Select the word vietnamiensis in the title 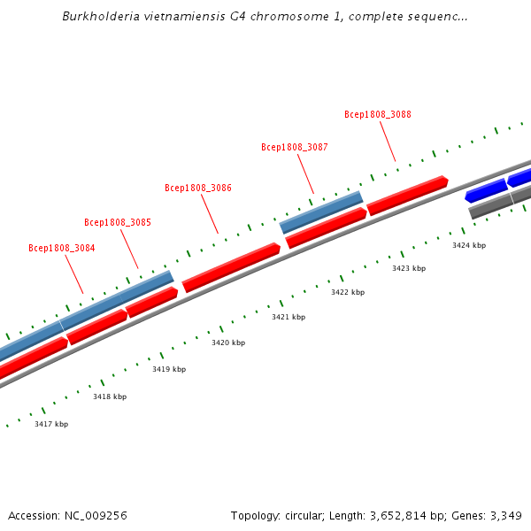tap(174, 17)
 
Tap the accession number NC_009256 tap(96, 515)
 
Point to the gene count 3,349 tap(505, 515)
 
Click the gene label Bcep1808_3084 tap(61, 249)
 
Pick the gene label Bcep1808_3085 tap(117, 223)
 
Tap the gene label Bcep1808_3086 tap(198, 188)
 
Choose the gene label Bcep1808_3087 tap(295, 148)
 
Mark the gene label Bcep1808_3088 tap(378, 115)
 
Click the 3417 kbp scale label tap(51, 425)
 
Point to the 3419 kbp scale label tap(169, 370)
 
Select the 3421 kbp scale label tap(289, 317)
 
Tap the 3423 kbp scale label tap(409, 268)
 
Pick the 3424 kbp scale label tap(469, 245)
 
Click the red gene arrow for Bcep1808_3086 tap(231, 266)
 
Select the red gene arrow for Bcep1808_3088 tap(407, 196)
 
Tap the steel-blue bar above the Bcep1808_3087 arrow tap(321, 212)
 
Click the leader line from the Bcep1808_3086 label tap(209, 213)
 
